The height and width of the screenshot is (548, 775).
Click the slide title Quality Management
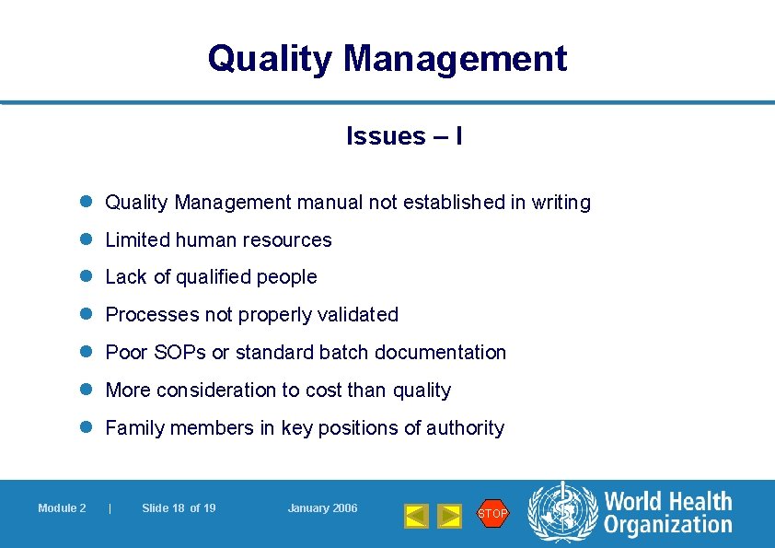387,58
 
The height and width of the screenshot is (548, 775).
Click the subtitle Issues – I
404,136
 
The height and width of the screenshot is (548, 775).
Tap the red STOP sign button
492,513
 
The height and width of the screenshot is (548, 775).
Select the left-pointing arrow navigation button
417,516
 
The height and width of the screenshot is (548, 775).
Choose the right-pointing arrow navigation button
449,516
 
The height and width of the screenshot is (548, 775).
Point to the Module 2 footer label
62,508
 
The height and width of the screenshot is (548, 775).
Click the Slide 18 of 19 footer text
179,508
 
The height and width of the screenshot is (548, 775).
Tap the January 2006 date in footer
322,508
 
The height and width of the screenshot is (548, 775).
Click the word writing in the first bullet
561,203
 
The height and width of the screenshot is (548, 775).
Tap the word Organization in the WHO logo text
667,526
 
